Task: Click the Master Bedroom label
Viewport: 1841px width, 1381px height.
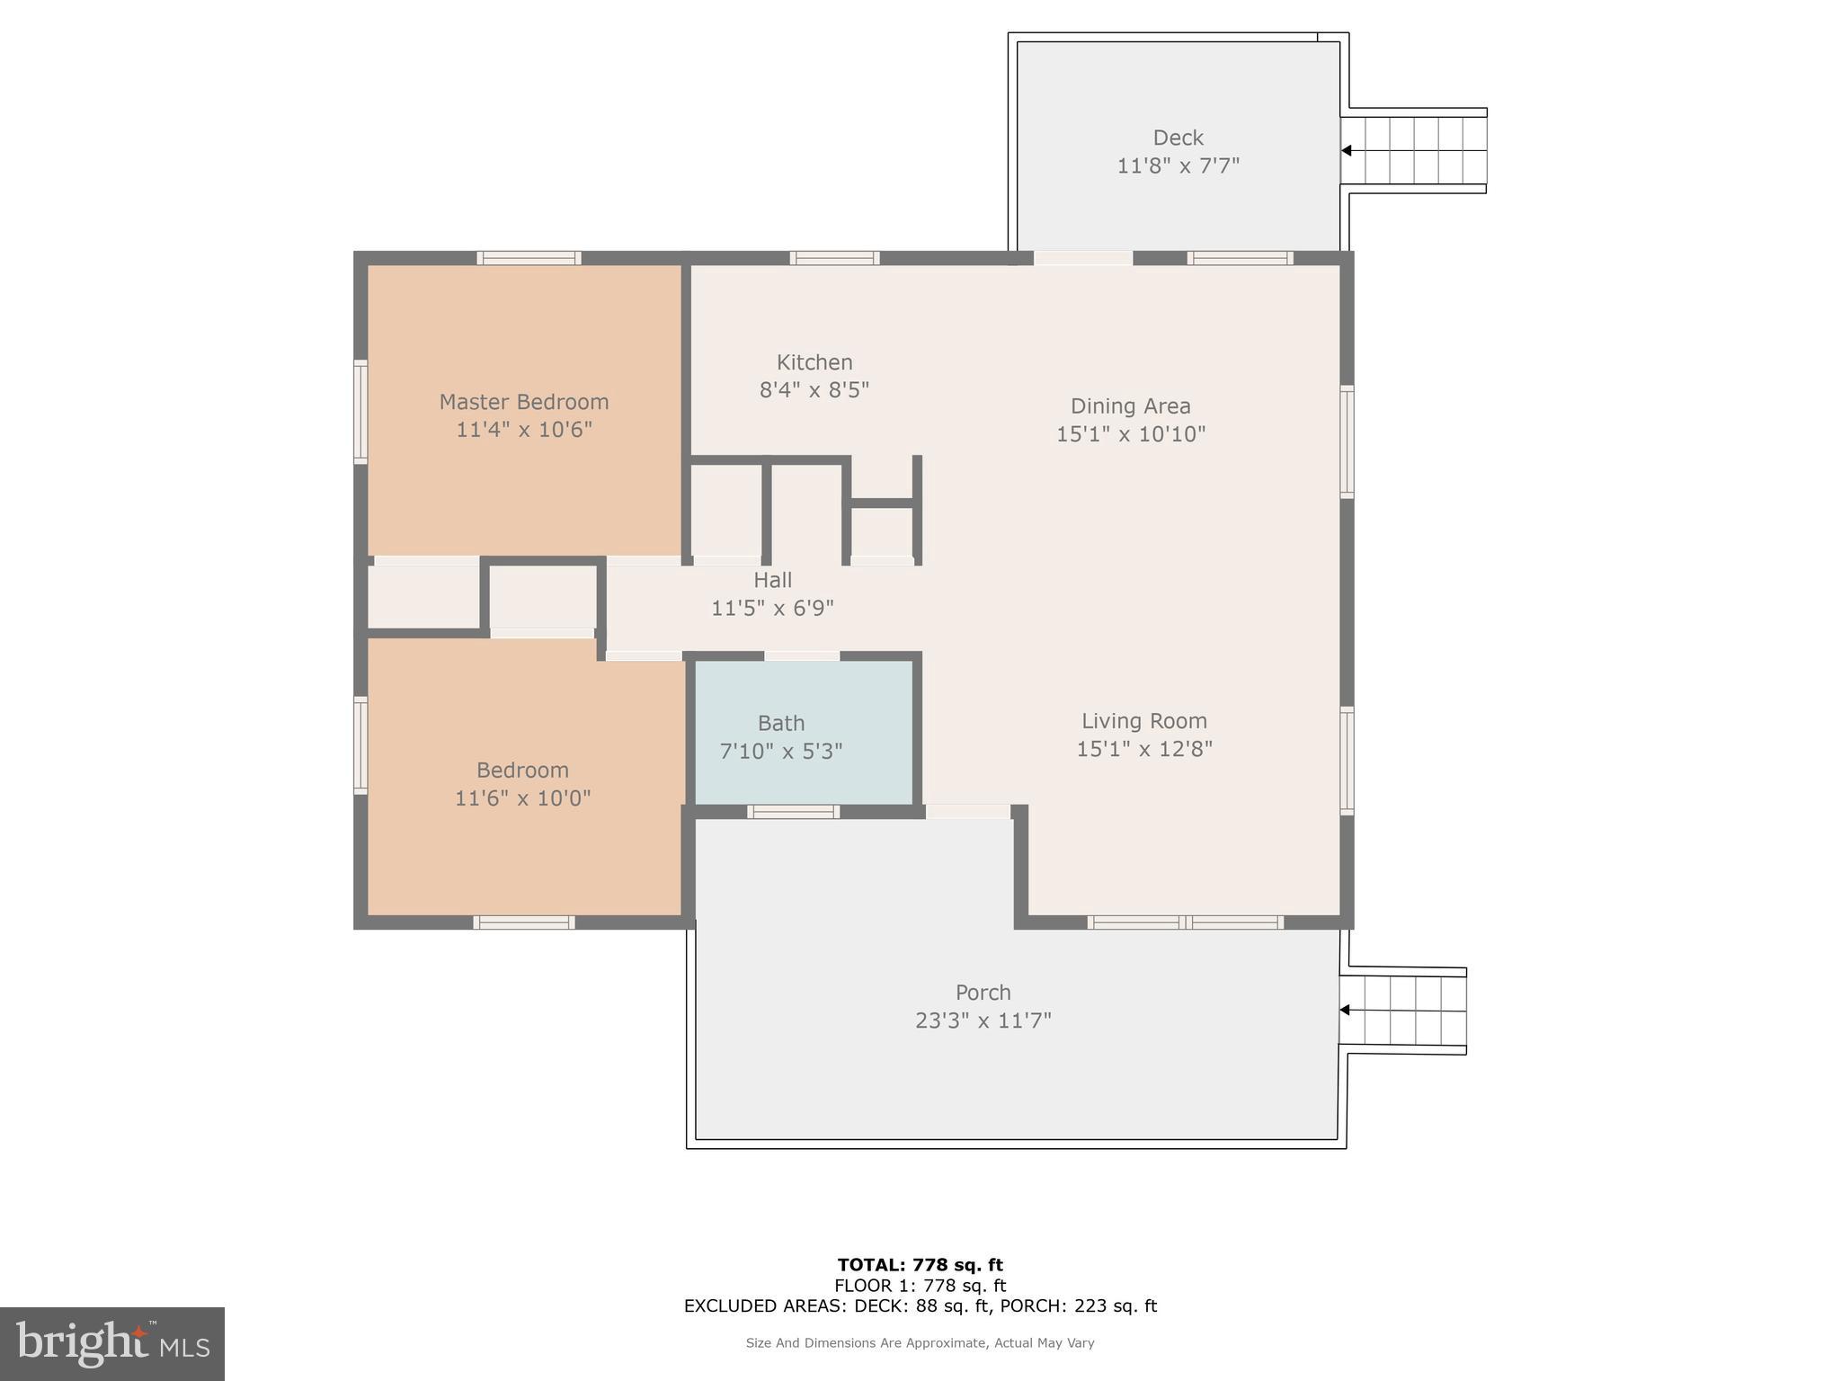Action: [x=523, y=402]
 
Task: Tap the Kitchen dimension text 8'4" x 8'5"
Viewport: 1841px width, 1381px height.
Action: [x=814, y=390]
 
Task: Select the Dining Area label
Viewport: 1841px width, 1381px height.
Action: [x=1130, y=406]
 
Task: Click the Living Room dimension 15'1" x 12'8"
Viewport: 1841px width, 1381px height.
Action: [x=1143, y=749]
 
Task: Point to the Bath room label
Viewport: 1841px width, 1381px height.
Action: [x=780, y=723]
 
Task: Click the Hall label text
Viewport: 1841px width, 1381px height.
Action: [x=772, y=580]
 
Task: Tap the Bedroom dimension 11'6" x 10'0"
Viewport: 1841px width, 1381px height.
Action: [x=522, y=798]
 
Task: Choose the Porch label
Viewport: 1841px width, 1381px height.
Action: [x=983, y=993]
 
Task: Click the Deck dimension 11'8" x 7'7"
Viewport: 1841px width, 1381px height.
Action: [x=1178, y=166]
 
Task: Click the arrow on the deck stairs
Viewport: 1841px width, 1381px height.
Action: [x=1347, y=150]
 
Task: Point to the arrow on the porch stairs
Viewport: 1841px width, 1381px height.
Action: [x=1345, y=1011]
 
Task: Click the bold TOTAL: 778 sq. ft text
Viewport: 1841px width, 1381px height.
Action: [x=920, y=1266]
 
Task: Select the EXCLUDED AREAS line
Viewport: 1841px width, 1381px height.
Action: [x=920, y=1306]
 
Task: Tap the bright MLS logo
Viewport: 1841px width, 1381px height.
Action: [x=112, y=1344]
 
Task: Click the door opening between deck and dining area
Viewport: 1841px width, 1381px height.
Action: [x=1082, y=258]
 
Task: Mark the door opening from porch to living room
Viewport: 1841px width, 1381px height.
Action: [x=967, y=812]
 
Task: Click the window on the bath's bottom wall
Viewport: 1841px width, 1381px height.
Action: [x=793, y=812]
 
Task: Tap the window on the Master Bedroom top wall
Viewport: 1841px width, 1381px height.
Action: [x=529, y=258]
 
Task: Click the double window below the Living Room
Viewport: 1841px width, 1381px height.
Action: [x=1185, y=922]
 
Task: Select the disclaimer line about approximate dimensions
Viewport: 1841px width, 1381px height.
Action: [x=920, y=1343]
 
